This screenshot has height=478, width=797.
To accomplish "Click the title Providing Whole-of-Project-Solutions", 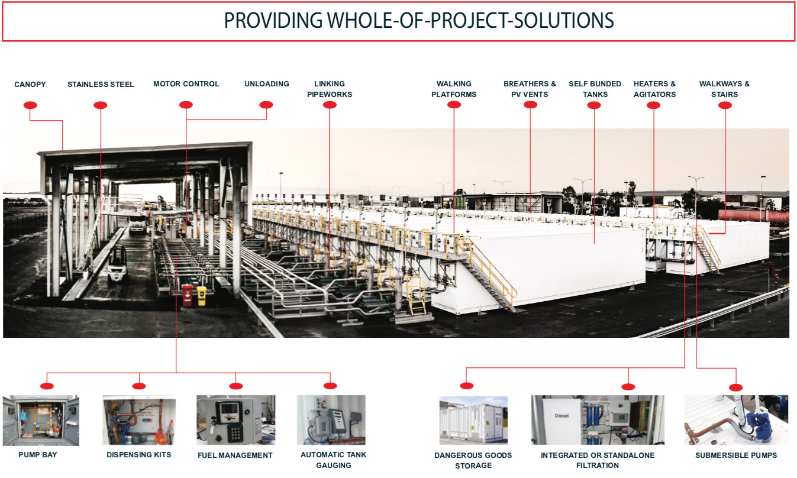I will pyautogui.click(x=419, y=21).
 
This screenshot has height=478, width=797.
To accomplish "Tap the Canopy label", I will pyautogui.click(x=30, y=84).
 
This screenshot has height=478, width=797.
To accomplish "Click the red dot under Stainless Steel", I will pyautogui.click(x=101, y=105).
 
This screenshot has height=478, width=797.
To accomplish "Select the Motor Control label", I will pyautogui.click(x=186, y=84).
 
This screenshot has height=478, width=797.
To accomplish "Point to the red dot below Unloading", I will pyautogui.click(x=266, y=105).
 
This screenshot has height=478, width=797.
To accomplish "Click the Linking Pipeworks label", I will pyautogui.click(x=330, y=89).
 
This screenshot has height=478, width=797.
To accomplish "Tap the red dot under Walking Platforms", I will pyautogui.click(x=454, y=105).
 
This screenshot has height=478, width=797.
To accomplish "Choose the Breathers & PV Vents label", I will pyautogui.click(x=530, y=89).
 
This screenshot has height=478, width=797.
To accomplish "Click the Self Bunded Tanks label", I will pyautogui.click(x=595, y=89).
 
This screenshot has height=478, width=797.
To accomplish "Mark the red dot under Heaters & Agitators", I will pyautogui.click(x=654, y=105).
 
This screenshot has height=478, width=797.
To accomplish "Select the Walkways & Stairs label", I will pyautogui.click(x=724, y=89).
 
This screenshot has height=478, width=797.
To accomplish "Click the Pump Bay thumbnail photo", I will pyautogui.click(x=41, y=421).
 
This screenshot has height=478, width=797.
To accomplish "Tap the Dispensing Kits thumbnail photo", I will pyautogui.click(x=139, y=421).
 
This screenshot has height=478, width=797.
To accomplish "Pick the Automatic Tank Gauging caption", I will pyautogui.click(x=333, y=460).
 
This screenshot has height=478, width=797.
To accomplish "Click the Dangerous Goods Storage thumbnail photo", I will pyautogui.click(x=473, y=421).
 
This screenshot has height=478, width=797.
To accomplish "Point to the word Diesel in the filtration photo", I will pyautogui.click(x=562, y=416).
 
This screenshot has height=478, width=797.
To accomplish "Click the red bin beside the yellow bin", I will pyautogui.click(x=188, y=295).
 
